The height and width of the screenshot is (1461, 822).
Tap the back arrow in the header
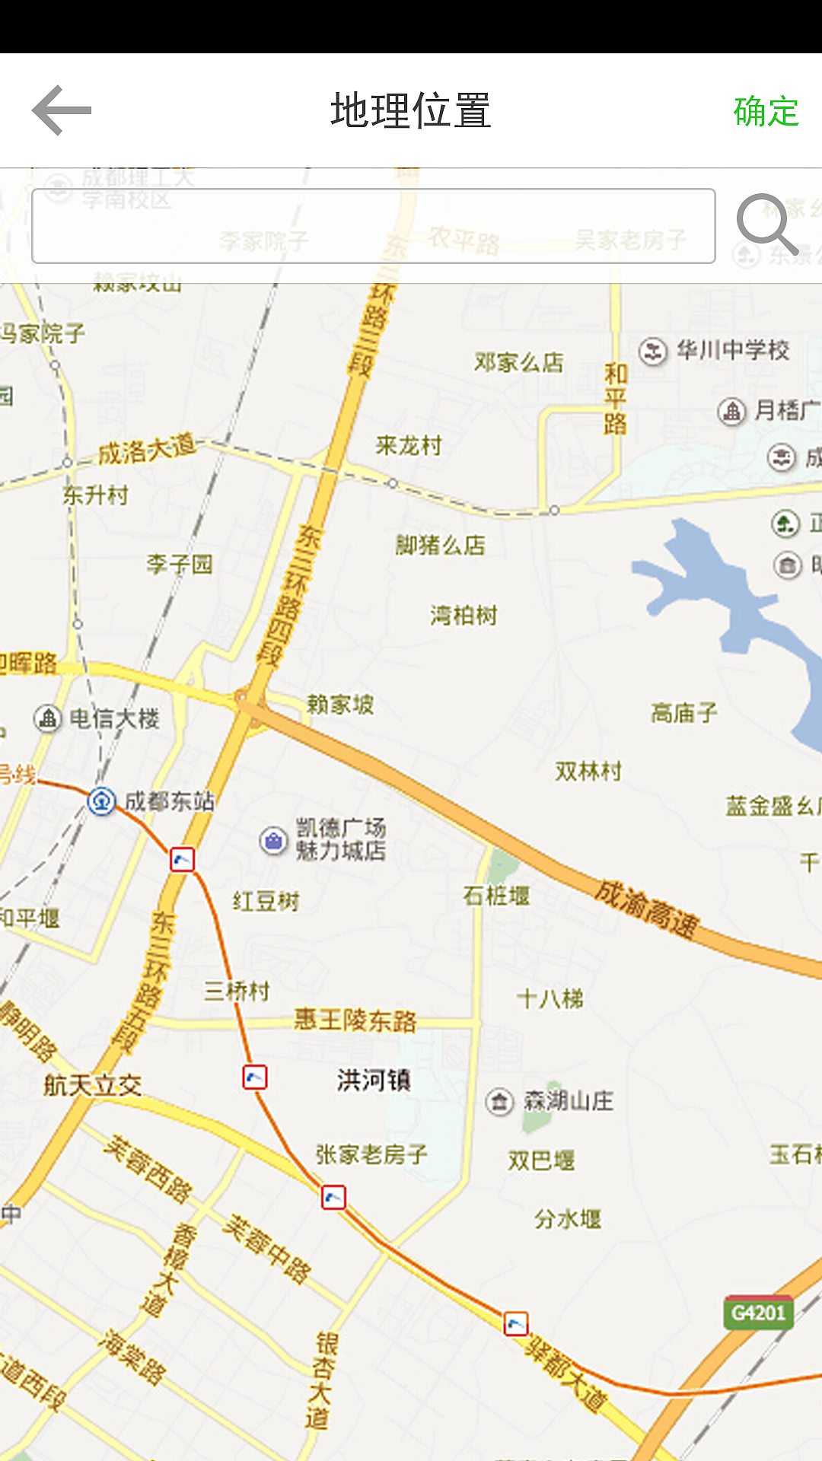point(62,111)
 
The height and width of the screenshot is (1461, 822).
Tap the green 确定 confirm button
point(766,112)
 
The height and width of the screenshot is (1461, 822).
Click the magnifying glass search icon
point(766,224)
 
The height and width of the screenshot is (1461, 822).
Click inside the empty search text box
point(373,226)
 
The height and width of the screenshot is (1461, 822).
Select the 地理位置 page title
point(411,110)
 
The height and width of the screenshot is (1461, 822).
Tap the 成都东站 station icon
point(101,801)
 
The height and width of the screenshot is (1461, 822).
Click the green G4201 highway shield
point(758,1313)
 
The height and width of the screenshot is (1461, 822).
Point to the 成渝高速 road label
point(646,909)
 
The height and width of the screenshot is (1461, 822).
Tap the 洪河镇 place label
point(374,1080)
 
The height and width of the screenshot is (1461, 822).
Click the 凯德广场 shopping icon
point(273,841)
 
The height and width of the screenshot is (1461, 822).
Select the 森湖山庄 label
point(568,1101)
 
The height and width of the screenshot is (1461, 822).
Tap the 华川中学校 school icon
point(652,352)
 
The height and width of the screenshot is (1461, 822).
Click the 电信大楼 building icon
point(47,718)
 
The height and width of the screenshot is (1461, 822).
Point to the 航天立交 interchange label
point(93,1085)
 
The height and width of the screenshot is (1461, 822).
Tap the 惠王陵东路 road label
point(355,1020)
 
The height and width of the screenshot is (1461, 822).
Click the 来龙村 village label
point(409,445)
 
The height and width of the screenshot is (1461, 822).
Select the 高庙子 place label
point(683,713)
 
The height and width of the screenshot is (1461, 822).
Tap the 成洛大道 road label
point(147,450)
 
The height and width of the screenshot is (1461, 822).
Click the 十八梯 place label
point(550,998)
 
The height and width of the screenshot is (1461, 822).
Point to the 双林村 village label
point(588,772)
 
